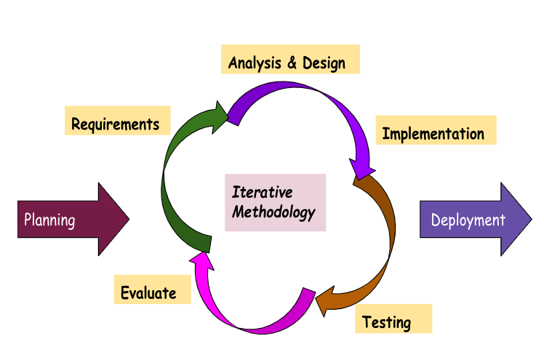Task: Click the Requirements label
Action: point(116,124)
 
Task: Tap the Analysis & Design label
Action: point(288,63)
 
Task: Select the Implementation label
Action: point(433,134)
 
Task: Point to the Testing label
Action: point(387,321)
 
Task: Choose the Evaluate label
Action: point(149,292)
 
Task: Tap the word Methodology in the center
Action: point(273,212)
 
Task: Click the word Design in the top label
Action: point(324,63)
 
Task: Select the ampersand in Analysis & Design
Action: point(291,63)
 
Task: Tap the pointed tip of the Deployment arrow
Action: point(529,220)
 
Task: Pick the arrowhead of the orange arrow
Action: point(321,301)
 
